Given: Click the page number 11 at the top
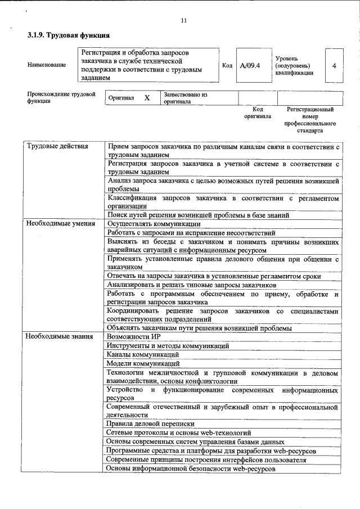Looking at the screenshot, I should [183, 21].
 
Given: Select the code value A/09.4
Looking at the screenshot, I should [250, 65].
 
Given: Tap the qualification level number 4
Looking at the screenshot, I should [334, 65].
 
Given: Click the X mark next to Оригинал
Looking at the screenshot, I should [147, 98].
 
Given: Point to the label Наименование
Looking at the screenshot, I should [47, 65].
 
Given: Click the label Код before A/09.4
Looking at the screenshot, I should [227, 65].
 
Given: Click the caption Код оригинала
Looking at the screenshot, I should [258, 112].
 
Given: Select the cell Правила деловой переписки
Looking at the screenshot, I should [151, 424].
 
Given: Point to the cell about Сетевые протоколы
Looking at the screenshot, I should [178, 433].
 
